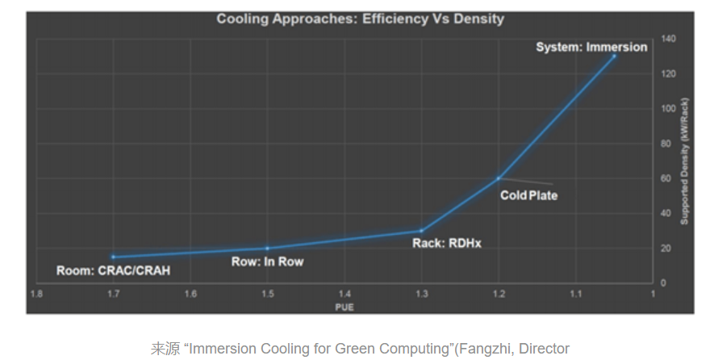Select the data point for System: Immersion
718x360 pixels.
(x=614, y=56)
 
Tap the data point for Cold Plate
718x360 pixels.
(x=499, y=178)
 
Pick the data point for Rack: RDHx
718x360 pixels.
(x=421, y=231)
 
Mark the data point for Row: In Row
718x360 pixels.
(x=267, y=248)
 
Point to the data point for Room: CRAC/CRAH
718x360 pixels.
(x=113, y=257)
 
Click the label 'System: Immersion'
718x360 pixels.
(x=591, y=47)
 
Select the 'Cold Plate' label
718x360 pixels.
(x=528, y=195)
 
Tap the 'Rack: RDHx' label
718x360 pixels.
(x=447, y=243)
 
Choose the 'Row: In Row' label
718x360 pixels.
(x=267, y=262)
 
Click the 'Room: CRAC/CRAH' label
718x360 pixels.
(x=113, y=270)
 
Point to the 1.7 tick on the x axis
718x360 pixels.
(x=113, y=294)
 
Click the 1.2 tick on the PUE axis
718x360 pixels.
(x=499, y=294)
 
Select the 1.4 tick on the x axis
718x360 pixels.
(x=344, y=294)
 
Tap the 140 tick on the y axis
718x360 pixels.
(x=669, y=39)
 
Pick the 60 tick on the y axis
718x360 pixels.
(x=666, y=178)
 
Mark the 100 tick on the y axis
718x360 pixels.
(x=669, y=108)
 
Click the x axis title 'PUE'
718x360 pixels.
(x=344, y=307)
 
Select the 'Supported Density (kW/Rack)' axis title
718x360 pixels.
(x=684, y=161)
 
